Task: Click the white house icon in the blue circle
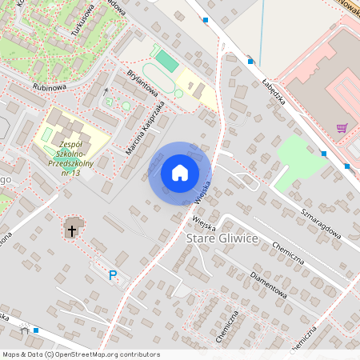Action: pos(180,172)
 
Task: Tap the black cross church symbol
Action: pos(72,230)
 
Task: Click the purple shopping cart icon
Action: pos(342,127)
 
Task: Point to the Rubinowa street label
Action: pos(48,87)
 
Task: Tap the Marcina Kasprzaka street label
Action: pos(146,127)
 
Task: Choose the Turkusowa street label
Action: pos(82,18)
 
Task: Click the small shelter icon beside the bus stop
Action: pos(25,330)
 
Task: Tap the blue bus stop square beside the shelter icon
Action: pos(36,330)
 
